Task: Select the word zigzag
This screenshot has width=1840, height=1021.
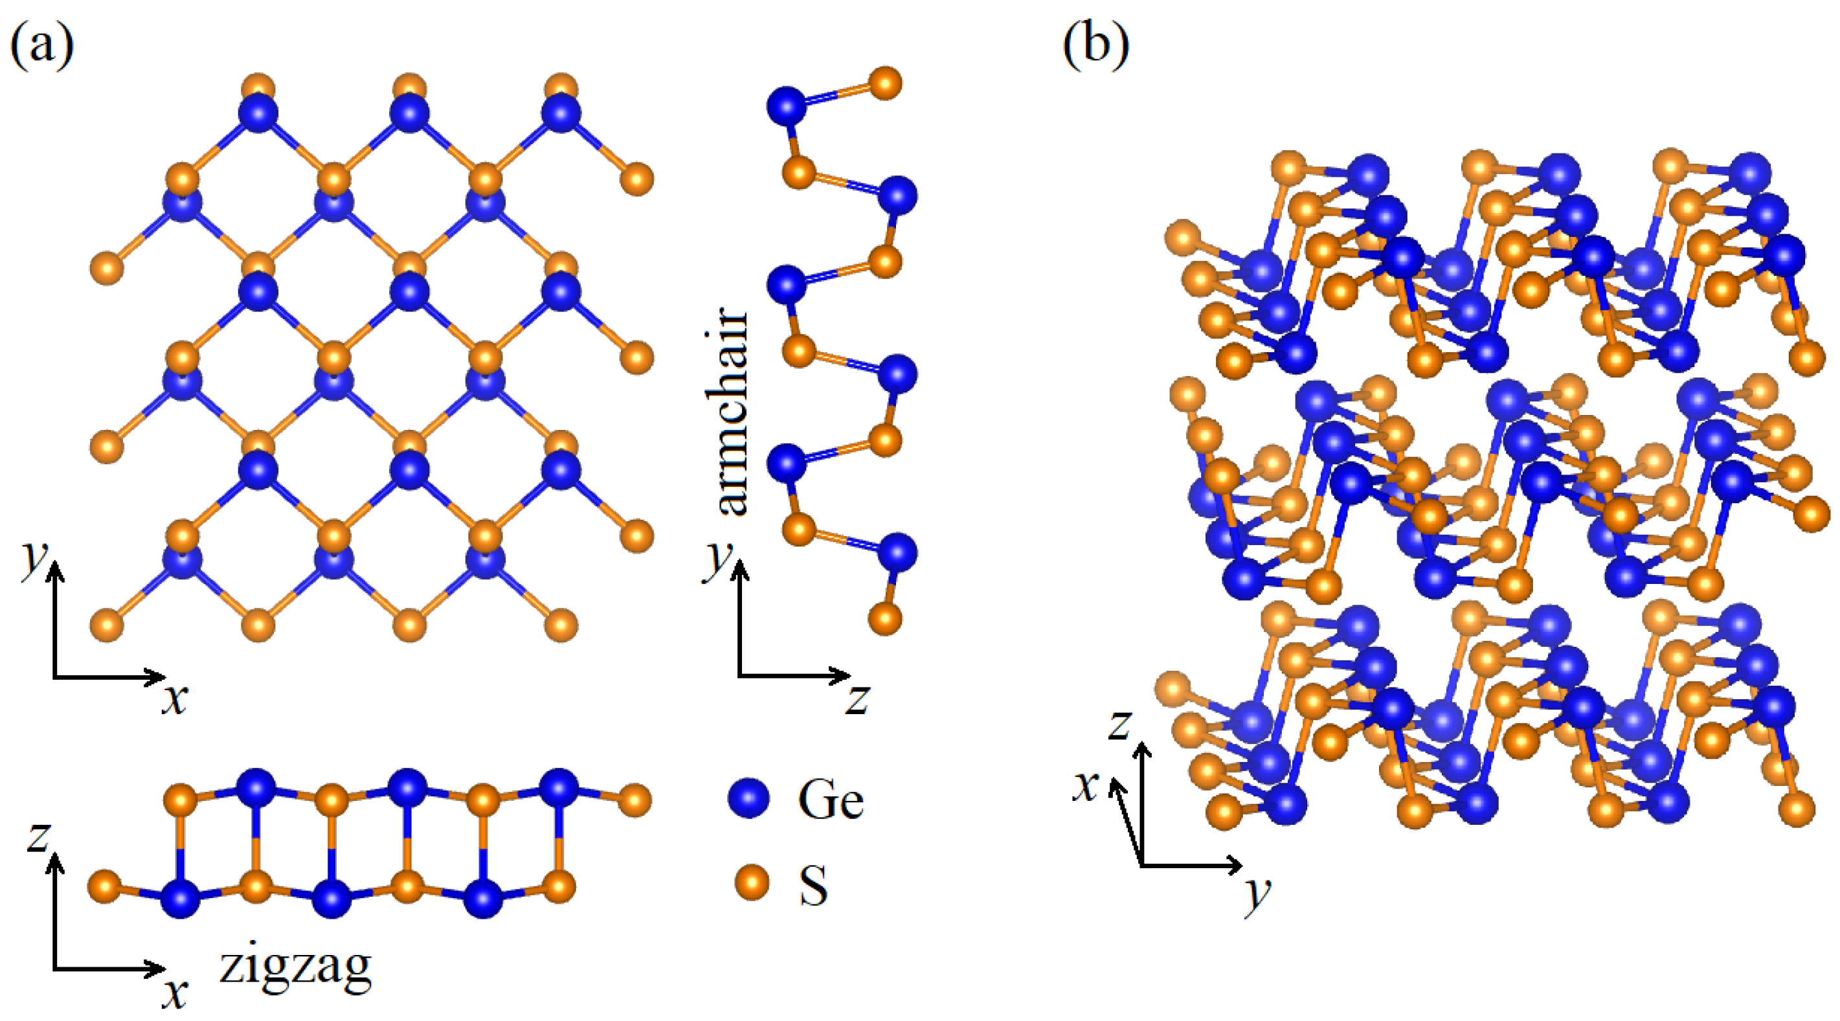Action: click(295, 967)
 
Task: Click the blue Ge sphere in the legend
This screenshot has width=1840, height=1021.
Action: click(748, 798)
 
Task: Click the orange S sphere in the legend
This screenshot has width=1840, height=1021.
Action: click(752, 882)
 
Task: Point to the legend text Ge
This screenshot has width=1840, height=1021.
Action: click(830, 800)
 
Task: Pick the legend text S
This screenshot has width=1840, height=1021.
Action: click(814, 885)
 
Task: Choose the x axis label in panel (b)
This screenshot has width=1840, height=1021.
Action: click(1086, 787)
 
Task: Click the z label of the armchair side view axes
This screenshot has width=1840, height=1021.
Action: click(857, 699)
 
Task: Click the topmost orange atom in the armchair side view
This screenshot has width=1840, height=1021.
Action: click(886, 84)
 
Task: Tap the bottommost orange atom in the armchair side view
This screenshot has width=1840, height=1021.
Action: click(886, 619)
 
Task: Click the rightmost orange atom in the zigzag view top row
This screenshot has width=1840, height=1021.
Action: click(634, 800)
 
